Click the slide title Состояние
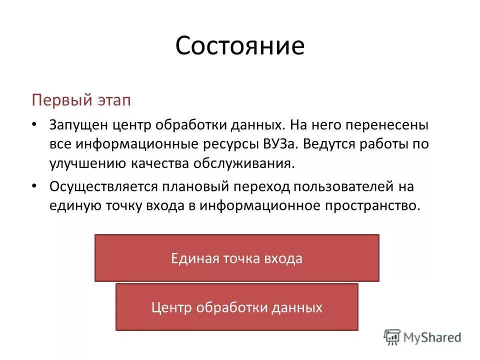(x=239, y=46)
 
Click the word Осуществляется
(x=103, y=186)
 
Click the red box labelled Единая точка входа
(x=236, y=258)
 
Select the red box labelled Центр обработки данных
(x=236, y=307)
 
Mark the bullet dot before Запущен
(x=33, y=124)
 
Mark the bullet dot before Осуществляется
(x=33, y=186)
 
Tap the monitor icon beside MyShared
(x=392, y=337)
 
